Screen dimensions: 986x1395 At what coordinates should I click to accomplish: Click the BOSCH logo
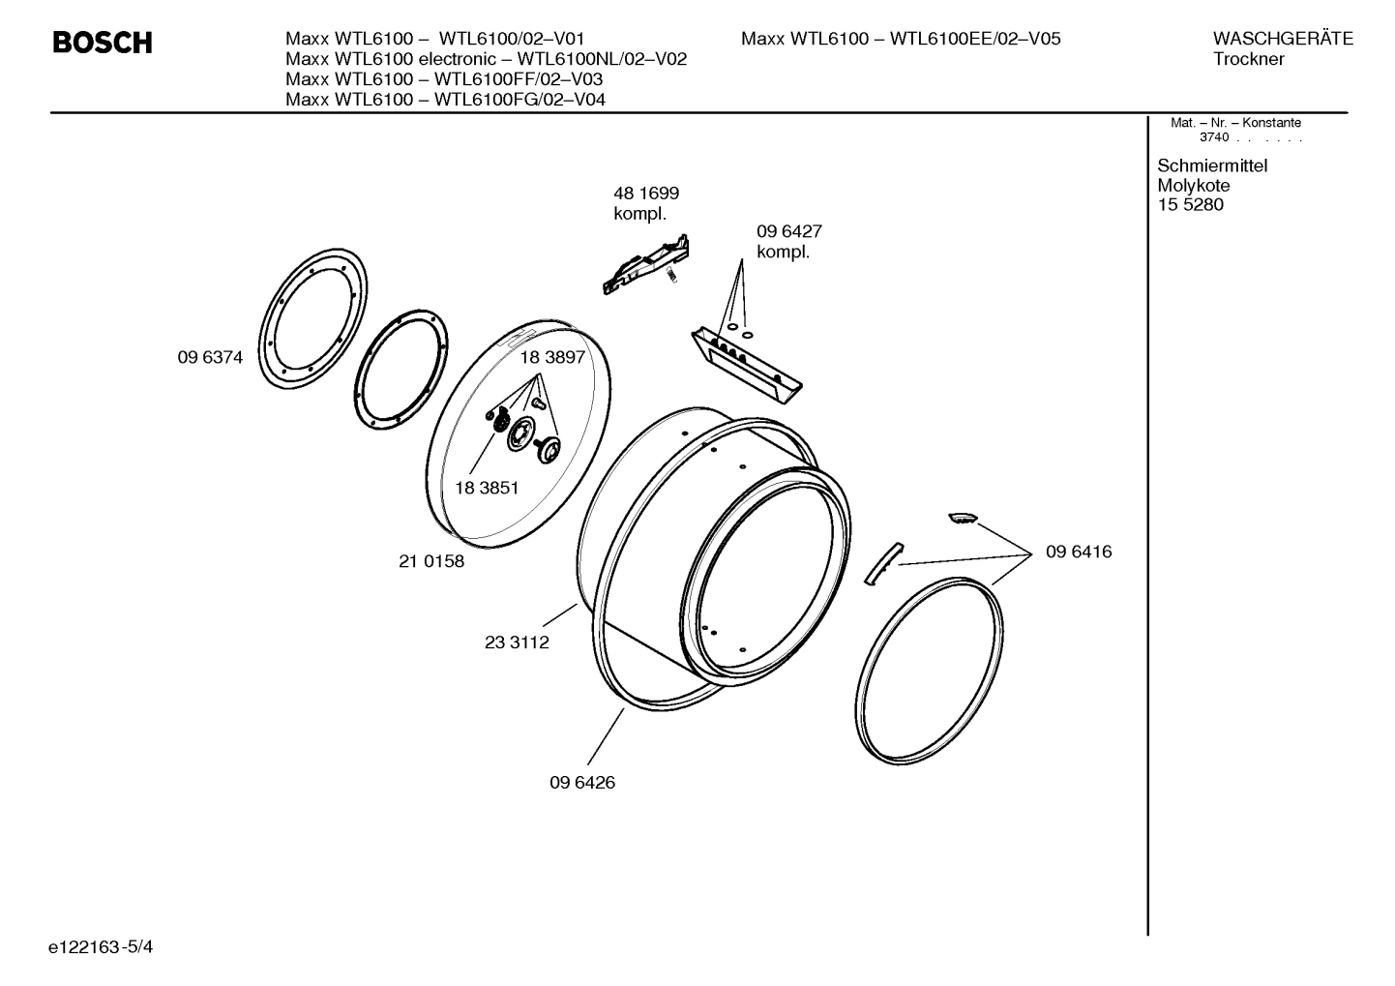(x=102, y=43)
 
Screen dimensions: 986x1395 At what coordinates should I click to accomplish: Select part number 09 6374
(x=210, y=357)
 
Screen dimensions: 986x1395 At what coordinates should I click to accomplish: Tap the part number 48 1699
(x=646, y=194)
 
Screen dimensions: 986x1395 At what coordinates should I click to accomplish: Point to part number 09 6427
(x=788, y=232)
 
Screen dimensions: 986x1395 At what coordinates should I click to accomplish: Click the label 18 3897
(x=552, y=357)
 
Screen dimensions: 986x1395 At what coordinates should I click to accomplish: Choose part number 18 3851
(x=486, y=488)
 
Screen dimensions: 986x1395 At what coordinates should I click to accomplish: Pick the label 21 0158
(x=431, y=561)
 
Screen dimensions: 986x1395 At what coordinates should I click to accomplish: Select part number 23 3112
(x=517, y=642)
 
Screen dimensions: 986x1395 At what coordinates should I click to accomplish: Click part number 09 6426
(x=582, y=782)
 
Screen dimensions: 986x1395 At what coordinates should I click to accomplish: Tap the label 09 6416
(x=1079, y=552)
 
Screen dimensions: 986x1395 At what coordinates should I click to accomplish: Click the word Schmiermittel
(x=1212, y=165)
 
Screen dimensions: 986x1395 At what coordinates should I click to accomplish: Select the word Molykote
(x=1194, y=185)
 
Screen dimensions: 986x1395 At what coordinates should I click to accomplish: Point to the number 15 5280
(x=1190, y=204)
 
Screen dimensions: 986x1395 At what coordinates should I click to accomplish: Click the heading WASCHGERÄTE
(x=1283, y=39)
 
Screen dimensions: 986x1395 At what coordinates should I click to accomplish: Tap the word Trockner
(x=1249, y=59)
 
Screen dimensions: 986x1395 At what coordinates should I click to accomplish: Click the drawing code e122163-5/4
(x=101, y=945)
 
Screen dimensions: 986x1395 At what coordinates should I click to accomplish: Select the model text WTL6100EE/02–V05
(x=975, y=39)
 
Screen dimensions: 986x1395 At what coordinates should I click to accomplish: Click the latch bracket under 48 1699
(x=645, y=264)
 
